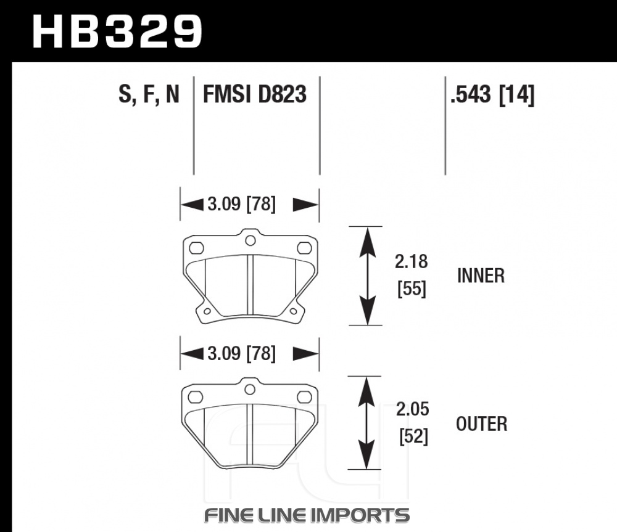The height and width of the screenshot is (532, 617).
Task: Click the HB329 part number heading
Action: coord(117,31)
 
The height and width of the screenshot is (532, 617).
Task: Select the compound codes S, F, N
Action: coord(149,94)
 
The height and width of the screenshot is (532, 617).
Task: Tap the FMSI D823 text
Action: coord(255,94)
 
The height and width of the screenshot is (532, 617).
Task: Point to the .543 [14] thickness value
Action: coord(492,95)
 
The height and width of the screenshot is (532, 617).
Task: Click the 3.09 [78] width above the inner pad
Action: coord(242,204)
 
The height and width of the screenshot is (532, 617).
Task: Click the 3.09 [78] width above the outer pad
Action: coord(242,353)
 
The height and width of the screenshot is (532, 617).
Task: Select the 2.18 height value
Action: coord(411,261)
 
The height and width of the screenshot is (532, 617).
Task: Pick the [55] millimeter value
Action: coord(412,289)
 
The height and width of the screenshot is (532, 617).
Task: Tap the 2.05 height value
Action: coord(412,409)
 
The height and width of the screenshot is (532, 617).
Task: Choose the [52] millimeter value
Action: coord(413,436)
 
